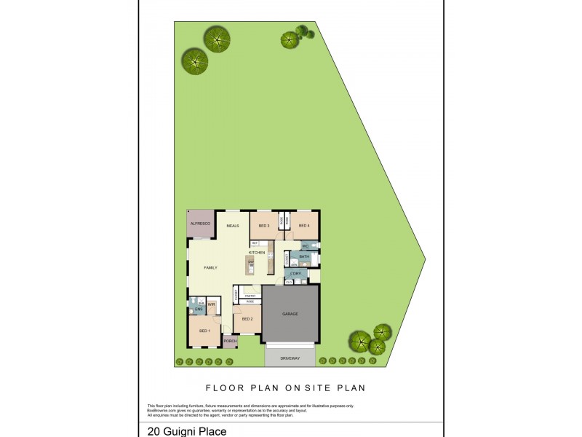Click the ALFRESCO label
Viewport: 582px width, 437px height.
[200, 224]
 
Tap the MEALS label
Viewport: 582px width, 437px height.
[233, 226]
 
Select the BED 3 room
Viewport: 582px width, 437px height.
[263, 226]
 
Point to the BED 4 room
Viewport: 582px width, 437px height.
[304, 226]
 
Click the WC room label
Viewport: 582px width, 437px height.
[306, 247]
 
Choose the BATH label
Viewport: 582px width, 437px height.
[304, 257]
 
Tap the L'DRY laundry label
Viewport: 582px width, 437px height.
[295, 273]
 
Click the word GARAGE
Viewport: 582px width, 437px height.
[290, 314]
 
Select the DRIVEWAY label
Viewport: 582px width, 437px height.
[290, 358]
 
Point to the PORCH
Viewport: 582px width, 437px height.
[230, 341]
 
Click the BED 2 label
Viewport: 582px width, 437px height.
[247, 319]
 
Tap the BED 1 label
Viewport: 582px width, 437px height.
[204, 331]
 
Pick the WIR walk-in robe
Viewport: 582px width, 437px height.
[211, 304]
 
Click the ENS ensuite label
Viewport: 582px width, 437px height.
[198, 310]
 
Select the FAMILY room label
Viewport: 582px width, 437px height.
[210, 268]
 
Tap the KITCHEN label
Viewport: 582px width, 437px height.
[257, 252]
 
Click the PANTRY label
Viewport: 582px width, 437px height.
[250, 296]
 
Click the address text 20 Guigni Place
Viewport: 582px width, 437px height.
[186, 431]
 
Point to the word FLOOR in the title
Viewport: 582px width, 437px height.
[221, 388]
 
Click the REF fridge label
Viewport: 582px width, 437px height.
[255, 243]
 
